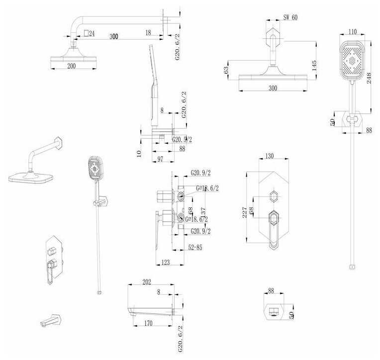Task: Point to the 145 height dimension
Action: [x=314, y=67]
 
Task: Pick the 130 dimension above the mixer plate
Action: [x=269, y=156]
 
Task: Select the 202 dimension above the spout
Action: [x=146, y=282]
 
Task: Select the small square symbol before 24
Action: [x=87, y=33]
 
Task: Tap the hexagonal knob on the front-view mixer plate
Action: [x=273, y=194]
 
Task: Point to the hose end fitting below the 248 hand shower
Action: [x=352, y=267]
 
